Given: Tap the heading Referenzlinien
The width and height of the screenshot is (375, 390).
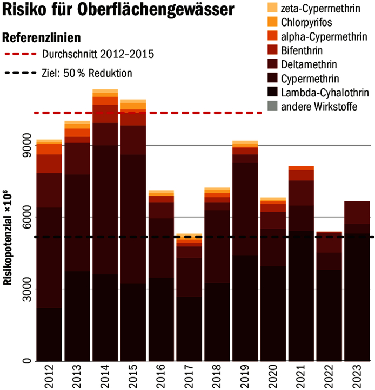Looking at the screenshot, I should (42, 38).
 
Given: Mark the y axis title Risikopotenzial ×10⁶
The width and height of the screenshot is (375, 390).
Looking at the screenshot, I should (8, 239).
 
